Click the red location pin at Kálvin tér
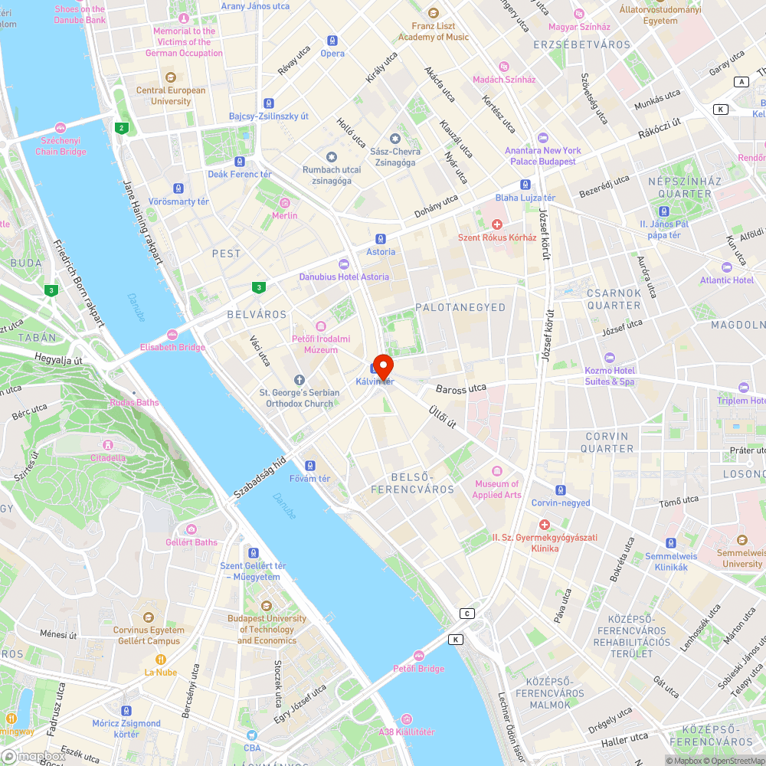tap(382, 365)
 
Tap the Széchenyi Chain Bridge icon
tap(61, 128)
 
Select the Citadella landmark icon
tap(108, 445)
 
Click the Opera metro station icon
tap(332, 41)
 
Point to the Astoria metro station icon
tap(381, 238)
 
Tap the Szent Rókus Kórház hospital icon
tap(496, 224)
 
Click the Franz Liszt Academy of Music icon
tap(434, 13)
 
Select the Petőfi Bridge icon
tap(418, 656)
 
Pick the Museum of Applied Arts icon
tap(496, 471)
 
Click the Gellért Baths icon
tap(191, 529)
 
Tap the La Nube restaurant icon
tap(161, 660)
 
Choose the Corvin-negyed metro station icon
tap(561, 490)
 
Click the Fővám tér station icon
tap(309, 466)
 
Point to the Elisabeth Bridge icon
tap(172, 335)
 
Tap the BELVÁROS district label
tap(257, 315)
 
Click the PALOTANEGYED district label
tap(460, 307)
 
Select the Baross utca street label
tap(461, 389)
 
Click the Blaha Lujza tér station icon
tap(525, 185)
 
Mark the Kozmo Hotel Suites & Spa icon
tap(610, 358)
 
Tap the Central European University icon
tap(170, 77)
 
